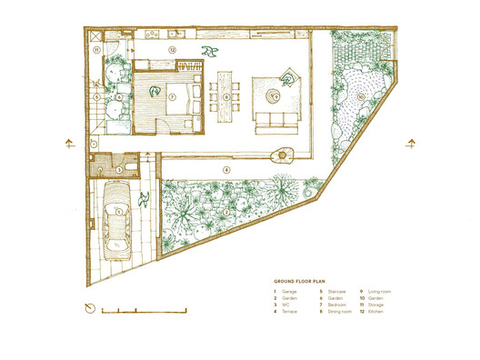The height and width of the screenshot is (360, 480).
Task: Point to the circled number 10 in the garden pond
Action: (361, 95)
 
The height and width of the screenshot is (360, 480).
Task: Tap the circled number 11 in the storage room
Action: (95, 51)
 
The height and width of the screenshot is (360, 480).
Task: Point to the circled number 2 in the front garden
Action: (225, 213)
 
